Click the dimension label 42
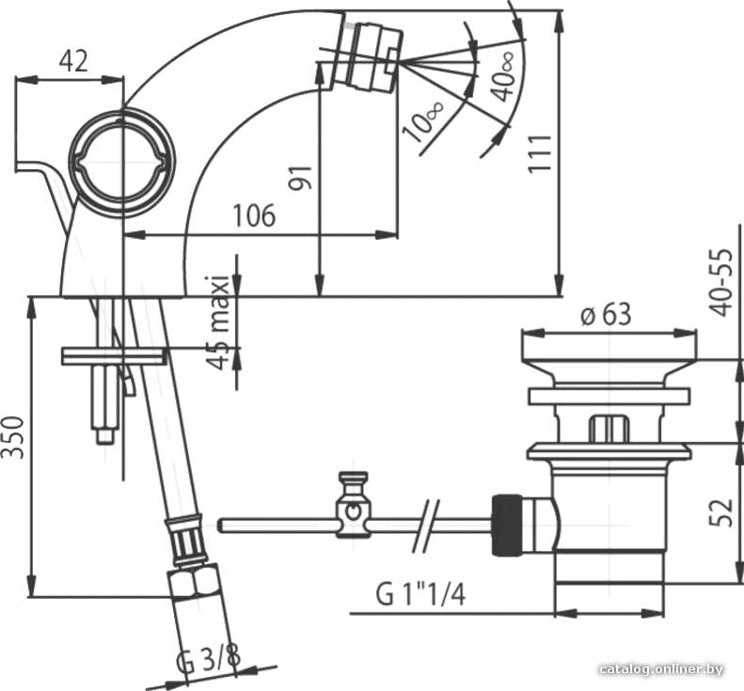point(73,62)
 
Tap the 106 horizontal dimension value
point(254,215)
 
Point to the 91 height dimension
point(301,178)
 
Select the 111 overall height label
point(540,153)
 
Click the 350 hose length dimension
point(13,437)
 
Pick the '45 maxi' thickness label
point(218,322)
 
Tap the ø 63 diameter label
point(607,314)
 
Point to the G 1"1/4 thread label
point(420,594)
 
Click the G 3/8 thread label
point(208,659)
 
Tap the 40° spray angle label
point(503,77)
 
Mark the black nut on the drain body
point(507,525)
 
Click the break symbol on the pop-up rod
point(426,526)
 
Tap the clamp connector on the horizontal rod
point(353,505)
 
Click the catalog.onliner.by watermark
point(661,669)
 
